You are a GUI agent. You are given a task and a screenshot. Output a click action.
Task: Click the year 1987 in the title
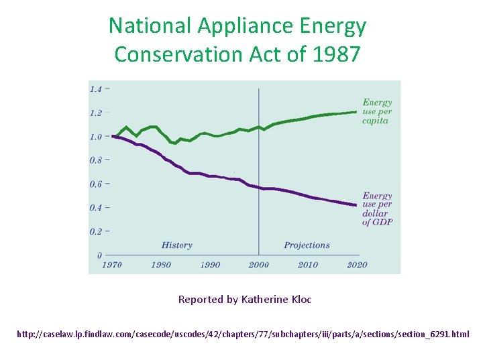click(x=336, y=54)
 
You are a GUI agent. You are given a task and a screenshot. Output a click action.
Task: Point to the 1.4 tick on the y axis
click(x=96, y=89)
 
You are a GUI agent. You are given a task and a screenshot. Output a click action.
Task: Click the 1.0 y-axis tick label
click(x=96, y=137)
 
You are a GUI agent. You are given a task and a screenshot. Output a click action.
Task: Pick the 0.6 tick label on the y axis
click(x=96, y=184)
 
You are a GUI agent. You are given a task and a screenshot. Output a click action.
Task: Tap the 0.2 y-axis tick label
click(x=96, y=232)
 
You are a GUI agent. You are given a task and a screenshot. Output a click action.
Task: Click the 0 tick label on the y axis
click(x=99, y=255)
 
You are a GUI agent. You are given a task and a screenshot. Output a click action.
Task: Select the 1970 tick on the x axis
click(x=112, y=265)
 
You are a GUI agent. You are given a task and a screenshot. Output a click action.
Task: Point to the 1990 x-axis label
click(x=210, y=265)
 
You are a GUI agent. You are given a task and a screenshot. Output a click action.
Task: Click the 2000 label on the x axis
click(x=259, y=265)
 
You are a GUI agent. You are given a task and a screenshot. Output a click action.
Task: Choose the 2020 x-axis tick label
click(x=357, y=265)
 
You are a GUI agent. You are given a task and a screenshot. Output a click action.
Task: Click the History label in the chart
click(x=177, y=245)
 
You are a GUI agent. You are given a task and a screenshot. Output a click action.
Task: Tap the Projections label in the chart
click(x=307, y=245)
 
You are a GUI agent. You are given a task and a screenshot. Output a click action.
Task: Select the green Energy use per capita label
click(x=377, y=112)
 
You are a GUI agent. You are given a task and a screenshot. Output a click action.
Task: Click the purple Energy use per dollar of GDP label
click(x=377, y=209)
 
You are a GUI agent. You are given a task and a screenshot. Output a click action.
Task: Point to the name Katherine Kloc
click(x=276, y=300)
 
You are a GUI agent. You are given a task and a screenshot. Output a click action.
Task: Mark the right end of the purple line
click(x=356, y=205)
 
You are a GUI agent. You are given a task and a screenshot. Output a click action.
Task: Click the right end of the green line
click(x=356, y=112)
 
